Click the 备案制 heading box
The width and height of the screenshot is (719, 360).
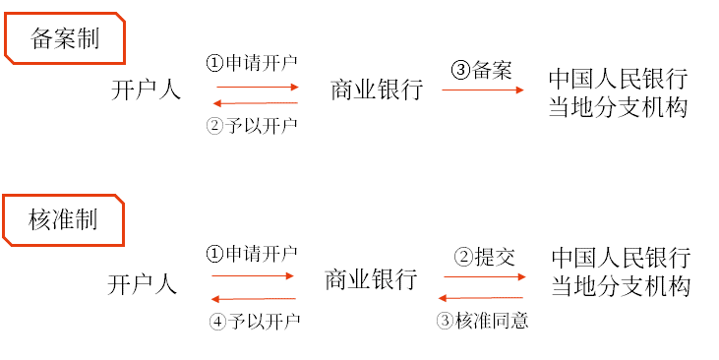click(65, 38)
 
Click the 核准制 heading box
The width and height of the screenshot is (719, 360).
click(64, 219)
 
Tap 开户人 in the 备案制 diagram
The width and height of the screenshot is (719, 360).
click(147, 90)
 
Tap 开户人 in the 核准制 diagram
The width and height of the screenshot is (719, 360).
click(143, 284)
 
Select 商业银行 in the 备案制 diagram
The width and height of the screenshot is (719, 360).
click(377, 90)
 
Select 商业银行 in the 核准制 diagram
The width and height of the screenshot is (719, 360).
click(371, 279)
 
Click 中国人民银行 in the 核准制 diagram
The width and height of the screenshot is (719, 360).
click(621, 259)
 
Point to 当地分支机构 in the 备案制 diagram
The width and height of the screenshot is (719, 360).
click(618, 106)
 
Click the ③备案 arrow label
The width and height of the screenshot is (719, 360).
click(481, 71)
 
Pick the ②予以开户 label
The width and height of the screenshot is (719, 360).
click(252, 125)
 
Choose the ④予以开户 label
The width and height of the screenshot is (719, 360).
click(255, 321)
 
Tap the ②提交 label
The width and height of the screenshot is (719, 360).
click(483, 258)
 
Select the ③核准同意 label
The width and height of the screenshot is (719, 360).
click(482, 321)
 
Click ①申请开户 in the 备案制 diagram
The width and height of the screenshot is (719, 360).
click(252, 62)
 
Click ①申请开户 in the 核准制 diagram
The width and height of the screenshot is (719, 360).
click(252, 254)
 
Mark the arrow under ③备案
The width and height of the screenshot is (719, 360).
click(483, 90)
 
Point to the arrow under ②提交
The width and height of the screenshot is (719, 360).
click(485, 277)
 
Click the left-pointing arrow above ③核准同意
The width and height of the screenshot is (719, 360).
click(483, 298)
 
